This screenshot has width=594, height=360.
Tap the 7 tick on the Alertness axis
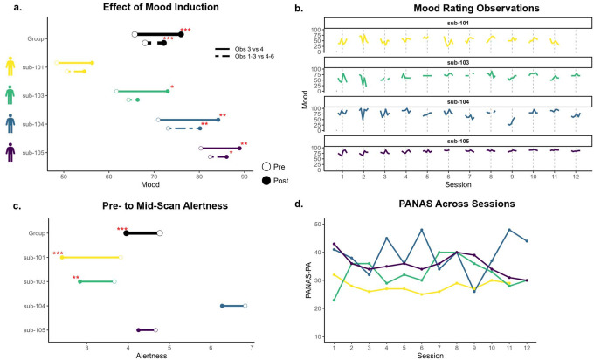252,346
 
